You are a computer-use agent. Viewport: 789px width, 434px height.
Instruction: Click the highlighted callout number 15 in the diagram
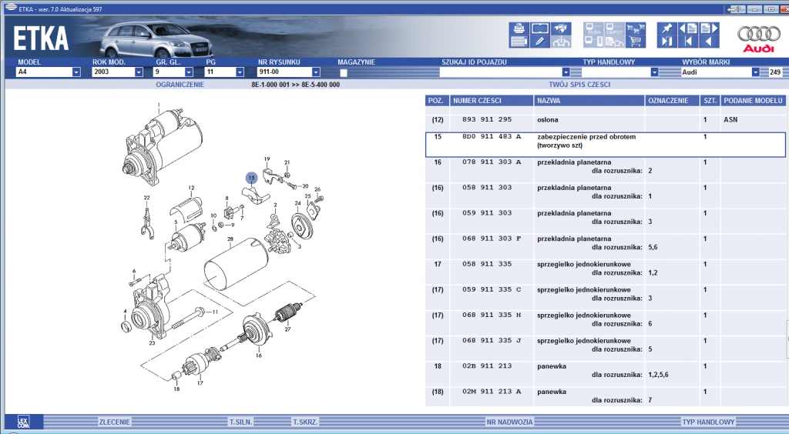pos(252,178)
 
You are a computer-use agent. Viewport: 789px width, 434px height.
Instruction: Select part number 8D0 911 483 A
pos(492,137)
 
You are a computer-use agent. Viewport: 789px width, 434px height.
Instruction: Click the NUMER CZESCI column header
pos(477,101)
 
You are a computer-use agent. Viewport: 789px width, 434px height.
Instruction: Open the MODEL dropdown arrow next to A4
pos(76,72)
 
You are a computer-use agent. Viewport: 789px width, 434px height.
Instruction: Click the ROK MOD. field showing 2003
pos(113,72)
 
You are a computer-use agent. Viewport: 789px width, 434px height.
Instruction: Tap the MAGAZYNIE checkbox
pos(343,73)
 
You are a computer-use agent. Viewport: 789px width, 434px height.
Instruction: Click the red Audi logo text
pos(759,48)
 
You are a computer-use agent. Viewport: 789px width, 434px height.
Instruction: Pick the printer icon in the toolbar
pos(519,28)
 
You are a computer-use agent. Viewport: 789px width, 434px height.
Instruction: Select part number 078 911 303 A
pos(492,162)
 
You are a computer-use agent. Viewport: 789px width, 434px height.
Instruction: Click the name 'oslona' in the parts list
pos(548,120)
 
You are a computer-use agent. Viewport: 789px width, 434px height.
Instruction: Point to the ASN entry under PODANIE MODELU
pos(730,120)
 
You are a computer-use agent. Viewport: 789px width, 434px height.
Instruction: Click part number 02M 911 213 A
pos(492,392)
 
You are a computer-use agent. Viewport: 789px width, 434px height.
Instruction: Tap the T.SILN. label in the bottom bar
pos(241,422)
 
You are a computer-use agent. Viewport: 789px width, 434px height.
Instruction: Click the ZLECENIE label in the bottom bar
pos(115,422)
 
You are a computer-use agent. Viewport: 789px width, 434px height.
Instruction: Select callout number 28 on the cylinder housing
pos(230,239)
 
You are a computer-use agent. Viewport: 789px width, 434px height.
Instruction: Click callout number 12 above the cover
pos(191,188)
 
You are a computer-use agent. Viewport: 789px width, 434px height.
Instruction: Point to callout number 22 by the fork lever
pos(146,198)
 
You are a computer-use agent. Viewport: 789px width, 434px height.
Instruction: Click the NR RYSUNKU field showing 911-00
pos(285,72)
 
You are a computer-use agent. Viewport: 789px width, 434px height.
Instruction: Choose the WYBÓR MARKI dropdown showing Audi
pos(720,72)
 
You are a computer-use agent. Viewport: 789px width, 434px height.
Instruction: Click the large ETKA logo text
pos(41,38)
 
